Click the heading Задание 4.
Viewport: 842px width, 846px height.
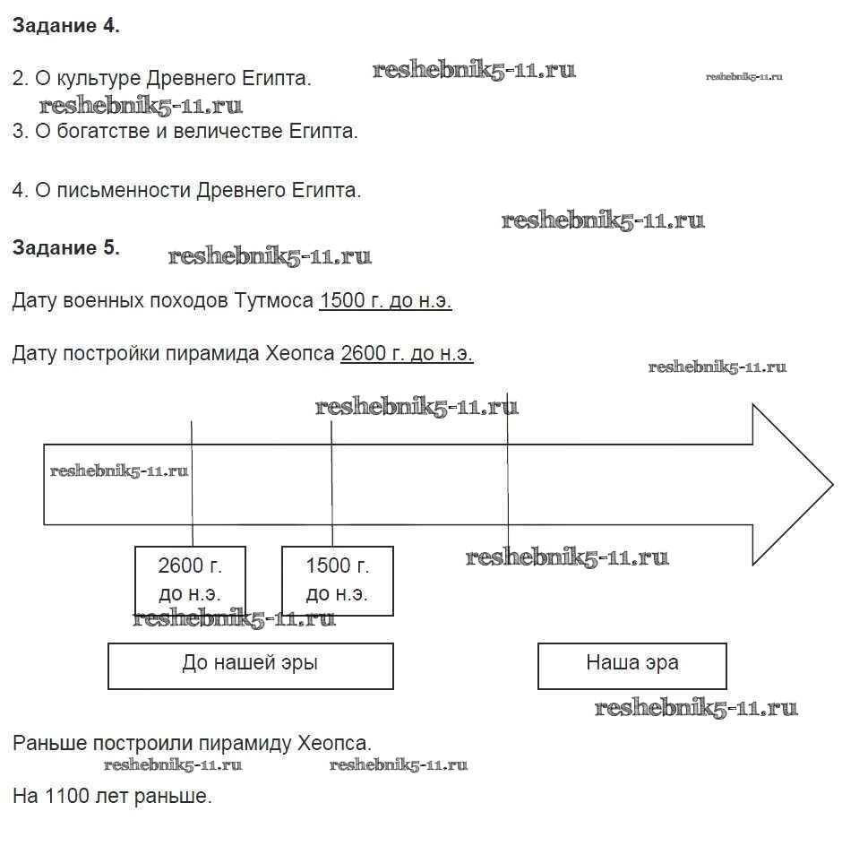pyautogui.click(x=65, y=26)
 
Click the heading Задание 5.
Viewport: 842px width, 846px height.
pyautogui.click(x=65, y=248)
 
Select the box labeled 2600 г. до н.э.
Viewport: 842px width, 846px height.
pyautogui.click(x=190, y=580)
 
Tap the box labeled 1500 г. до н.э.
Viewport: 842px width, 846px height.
pyautogui.click(x=337, y=580)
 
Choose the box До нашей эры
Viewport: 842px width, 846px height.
pyautogui.click(x=250, y=665)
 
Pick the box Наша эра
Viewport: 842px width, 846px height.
pyautogui.click(x=631, y=665)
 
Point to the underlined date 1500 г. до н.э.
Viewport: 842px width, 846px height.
pyautogui.click(x=385, y=301)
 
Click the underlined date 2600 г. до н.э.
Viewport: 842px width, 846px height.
pyautogui.click(x=407, y=354)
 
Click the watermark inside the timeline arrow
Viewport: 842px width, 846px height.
pyautogui.click(x=119, y=470)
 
